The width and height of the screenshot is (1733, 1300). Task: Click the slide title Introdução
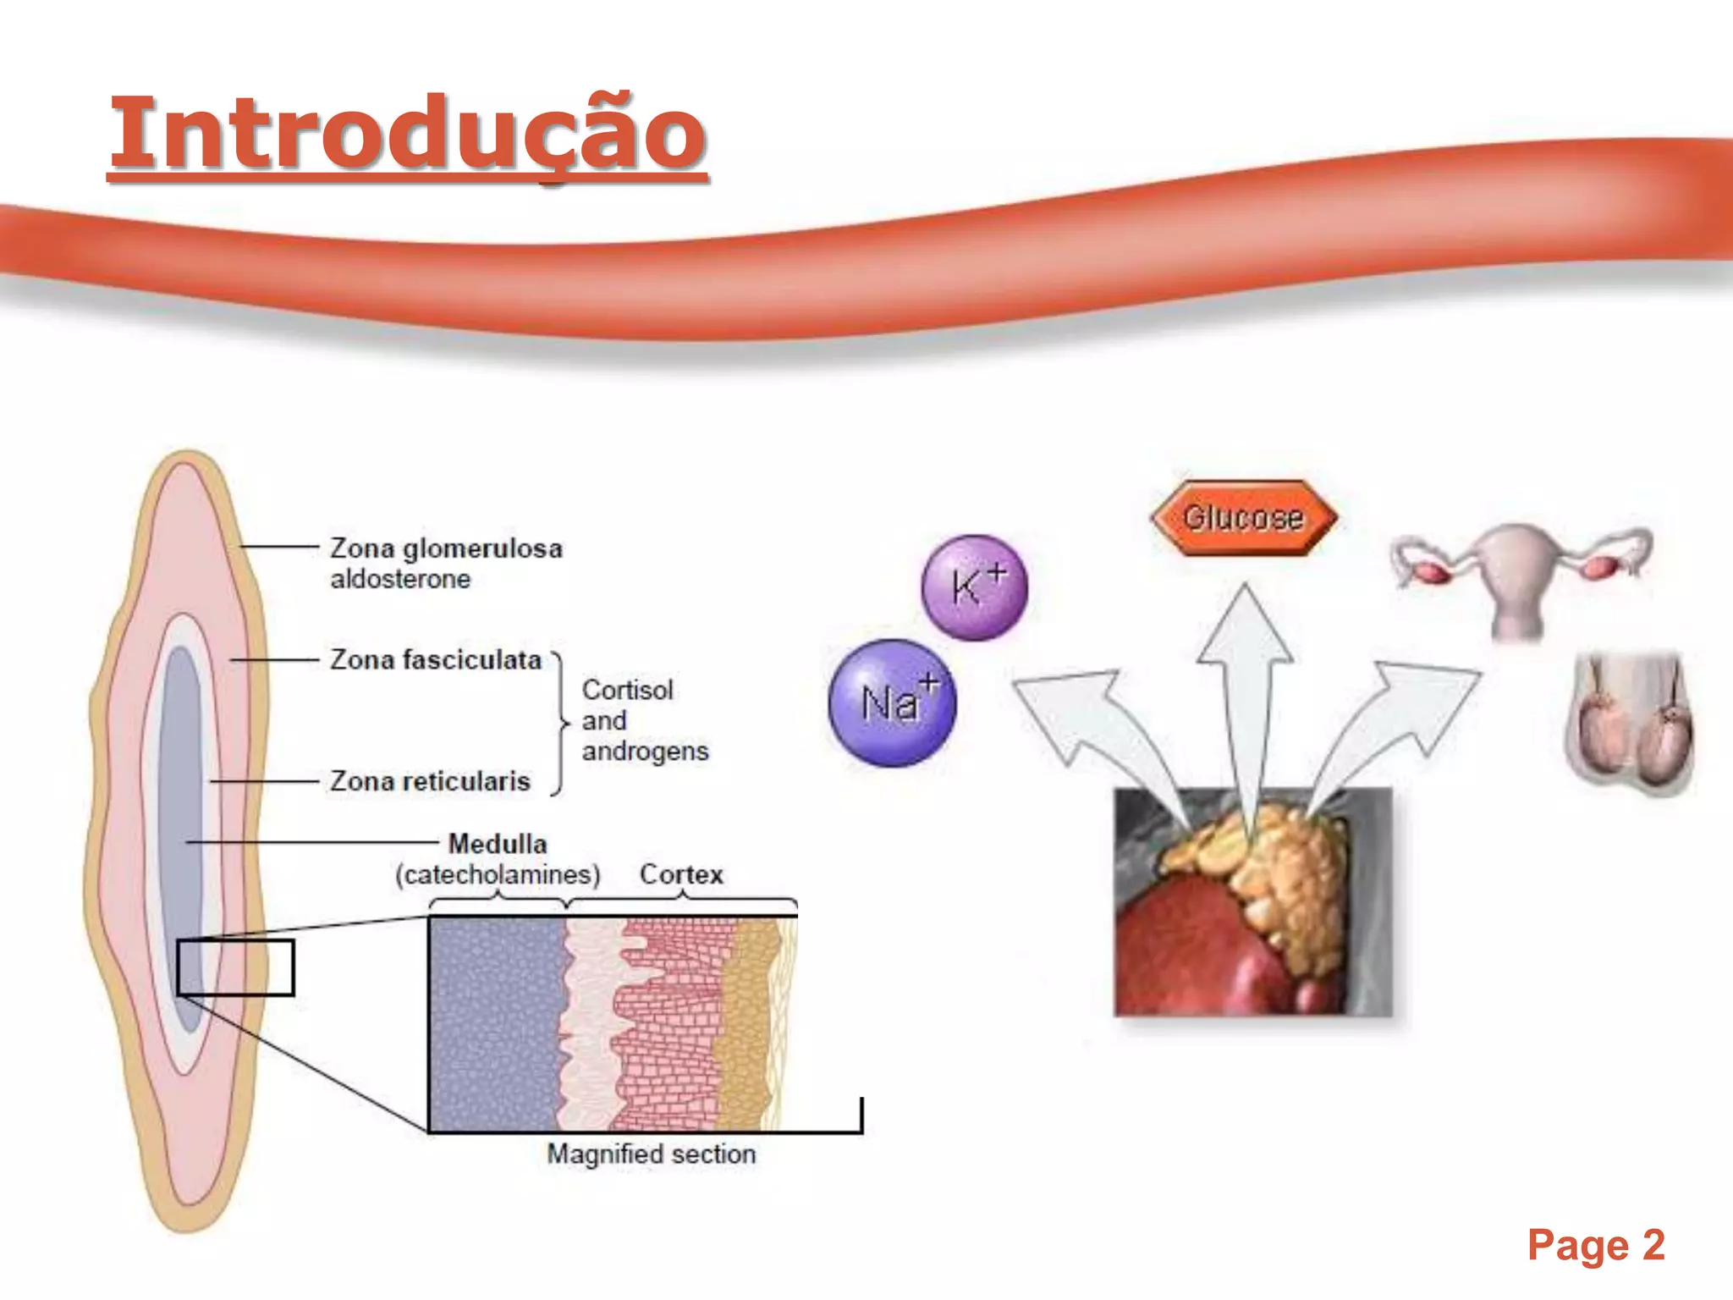[408, 134]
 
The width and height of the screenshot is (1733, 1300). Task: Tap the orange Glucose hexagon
[1243, 517]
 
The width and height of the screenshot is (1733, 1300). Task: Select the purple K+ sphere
[975, 587]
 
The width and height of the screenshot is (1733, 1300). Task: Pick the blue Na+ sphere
[893, 702]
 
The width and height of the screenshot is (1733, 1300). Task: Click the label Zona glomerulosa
[446, 548]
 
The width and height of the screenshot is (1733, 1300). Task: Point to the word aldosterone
[400, 580]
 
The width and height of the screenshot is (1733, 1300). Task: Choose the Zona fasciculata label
[436, 660]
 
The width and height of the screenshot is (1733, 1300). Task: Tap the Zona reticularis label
[430, 781]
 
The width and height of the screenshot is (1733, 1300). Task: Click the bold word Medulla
[498, 844]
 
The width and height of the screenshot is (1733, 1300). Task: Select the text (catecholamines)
[498, 874]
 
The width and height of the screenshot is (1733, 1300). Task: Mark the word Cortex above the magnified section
[681, 874]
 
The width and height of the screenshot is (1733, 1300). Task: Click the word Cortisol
[627, 691]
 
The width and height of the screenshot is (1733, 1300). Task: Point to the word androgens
[645, 752]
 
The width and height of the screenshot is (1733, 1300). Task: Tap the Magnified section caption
[651, 1154]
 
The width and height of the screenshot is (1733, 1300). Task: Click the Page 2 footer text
[1596, 1245]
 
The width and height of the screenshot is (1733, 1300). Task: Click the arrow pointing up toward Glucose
[1245, 677]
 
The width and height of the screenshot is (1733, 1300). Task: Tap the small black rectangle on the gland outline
[235, 967]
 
